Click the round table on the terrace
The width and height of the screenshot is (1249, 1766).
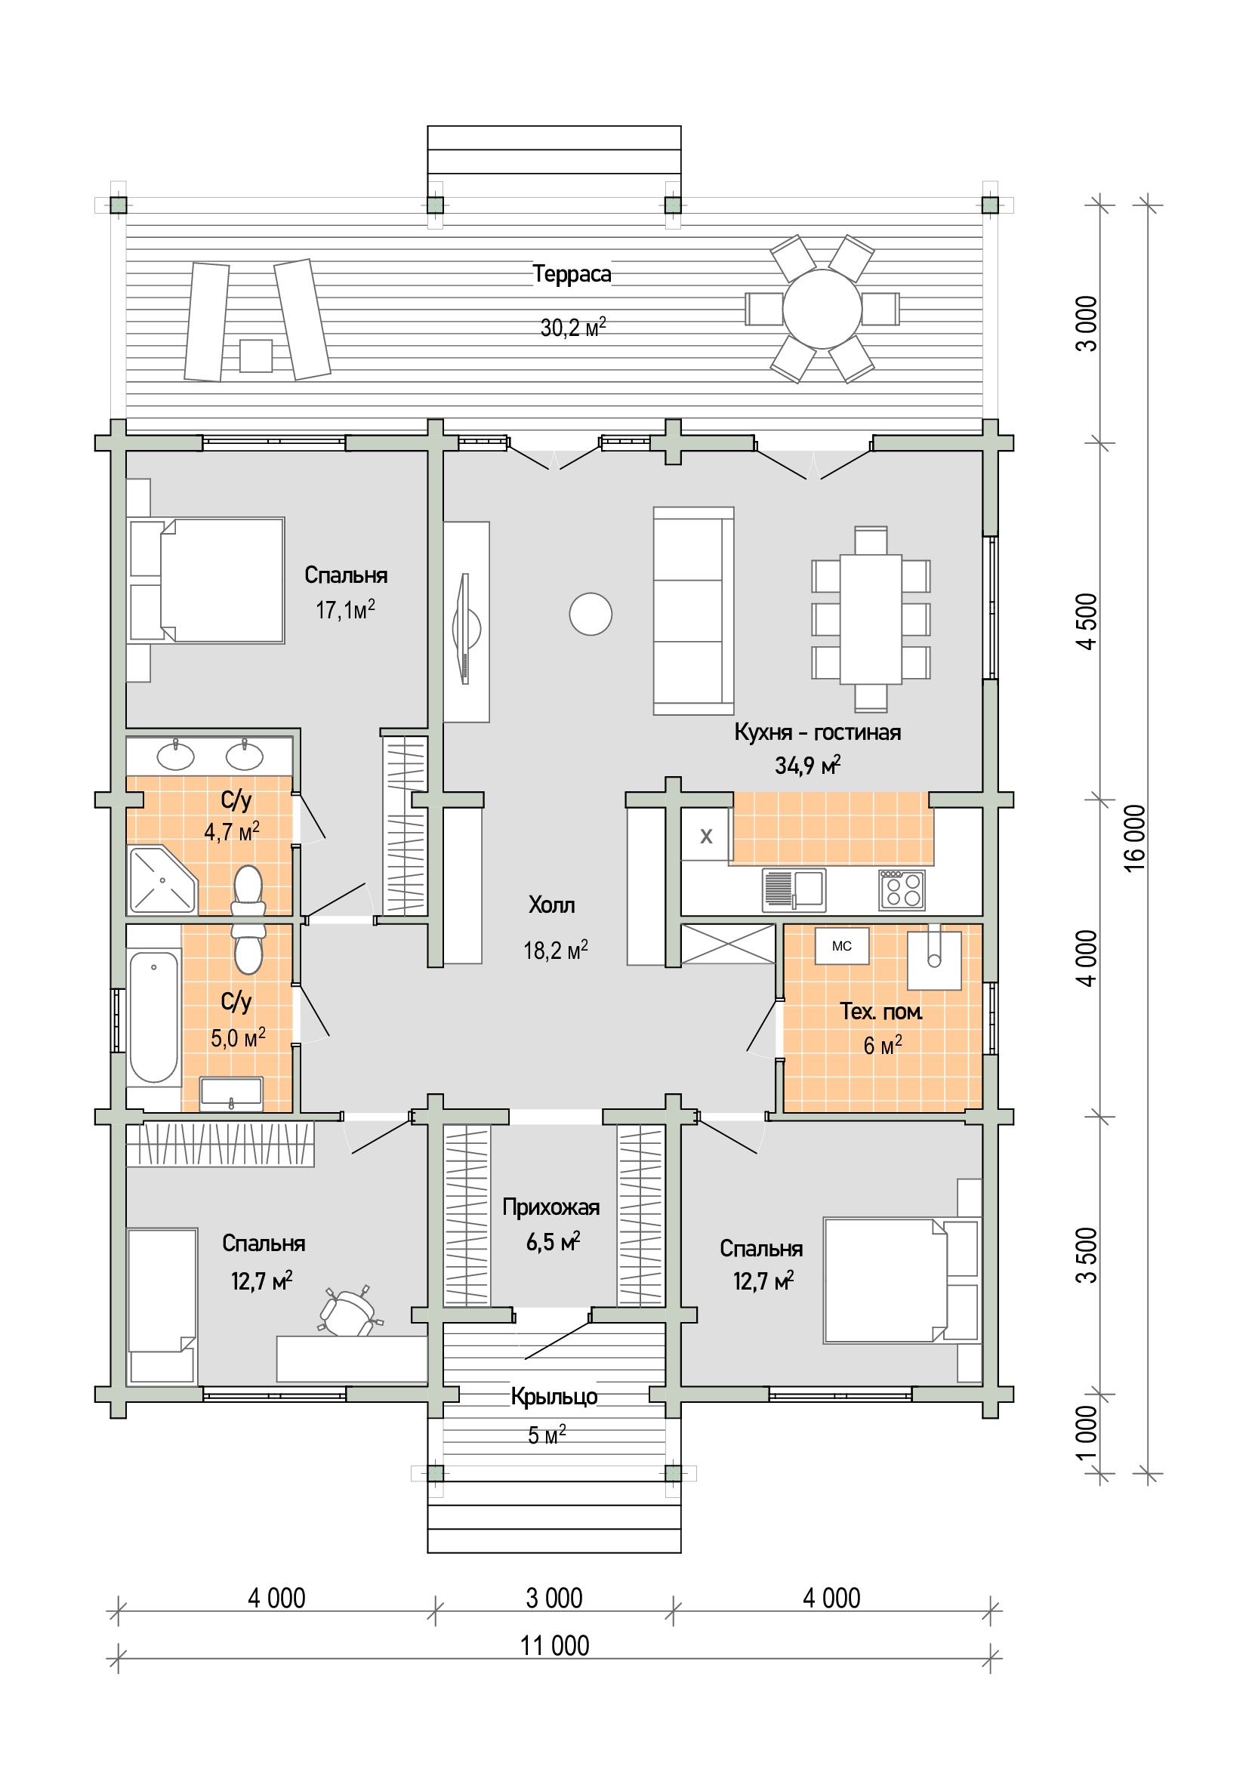[x=822, y=310]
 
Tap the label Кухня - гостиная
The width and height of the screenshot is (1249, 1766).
[x=817, y=732]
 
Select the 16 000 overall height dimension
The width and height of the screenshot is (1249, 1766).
[x=1134, y=838]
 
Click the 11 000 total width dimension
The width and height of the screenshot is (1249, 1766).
[x=554, y=1646]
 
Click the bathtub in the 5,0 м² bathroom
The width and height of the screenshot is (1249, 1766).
[x=154, y=1017]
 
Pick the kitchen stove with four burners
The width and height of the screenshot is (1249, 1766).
[x=902, y=890]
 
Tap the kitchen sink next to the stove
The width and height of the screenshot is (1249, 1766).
[x=794, y=890]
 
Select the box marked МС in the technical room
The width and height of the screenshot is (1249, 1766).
[x=842, y=946]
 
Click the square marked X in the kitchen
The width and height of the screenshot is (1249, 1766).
[x=706, y=835]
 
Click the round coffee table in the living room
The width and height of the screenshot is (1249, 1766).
[x=591, y=614]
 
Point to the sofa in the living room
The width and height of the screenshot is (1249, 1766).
[x=694, y=611]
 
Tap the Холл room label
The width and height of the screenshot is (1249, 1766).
[x=551, y=905]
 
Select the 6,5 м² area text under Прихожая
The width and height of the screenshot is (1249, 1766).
[x=553, y=1241]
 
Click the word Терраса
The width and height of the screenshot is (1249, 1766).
[x=572, y=274]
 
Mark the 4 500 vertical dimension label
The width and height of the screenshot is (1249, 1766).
[x=1087, y=621]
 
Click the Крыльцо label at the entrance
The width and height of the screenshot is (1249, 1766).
[x=554, y=1397]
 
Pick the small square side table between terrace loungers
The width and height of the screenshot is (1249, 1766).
[x=256, y=356]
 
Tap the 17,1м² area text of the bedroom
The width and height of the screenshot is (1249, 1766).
[x=345, y=610]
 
